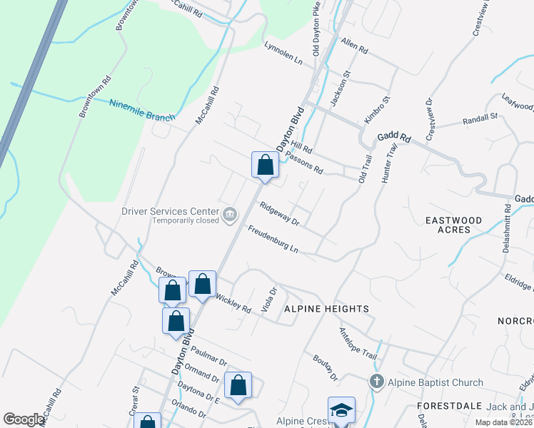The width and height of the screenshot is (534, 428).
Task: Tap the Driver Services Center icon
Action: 230,215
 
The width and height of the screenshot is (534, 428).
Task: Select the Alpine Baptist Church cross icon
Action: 377,382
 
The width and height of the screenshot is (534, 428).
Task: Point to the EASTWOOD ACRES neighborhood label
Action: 453,225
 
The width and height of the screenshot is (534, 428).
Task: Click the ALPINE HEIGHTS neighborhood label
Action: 326,309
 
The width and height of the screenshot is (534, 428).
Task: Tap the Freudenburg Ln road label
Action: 273,240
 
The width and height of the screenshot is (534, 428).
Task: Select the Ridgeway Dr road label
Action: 279,214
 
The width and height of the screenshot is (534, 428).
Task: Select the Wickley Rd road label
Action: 233,305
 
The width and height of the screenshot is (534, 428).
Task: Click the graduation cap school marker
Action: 341,411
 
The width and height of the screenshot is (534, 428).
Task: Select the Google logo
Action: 24,419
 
